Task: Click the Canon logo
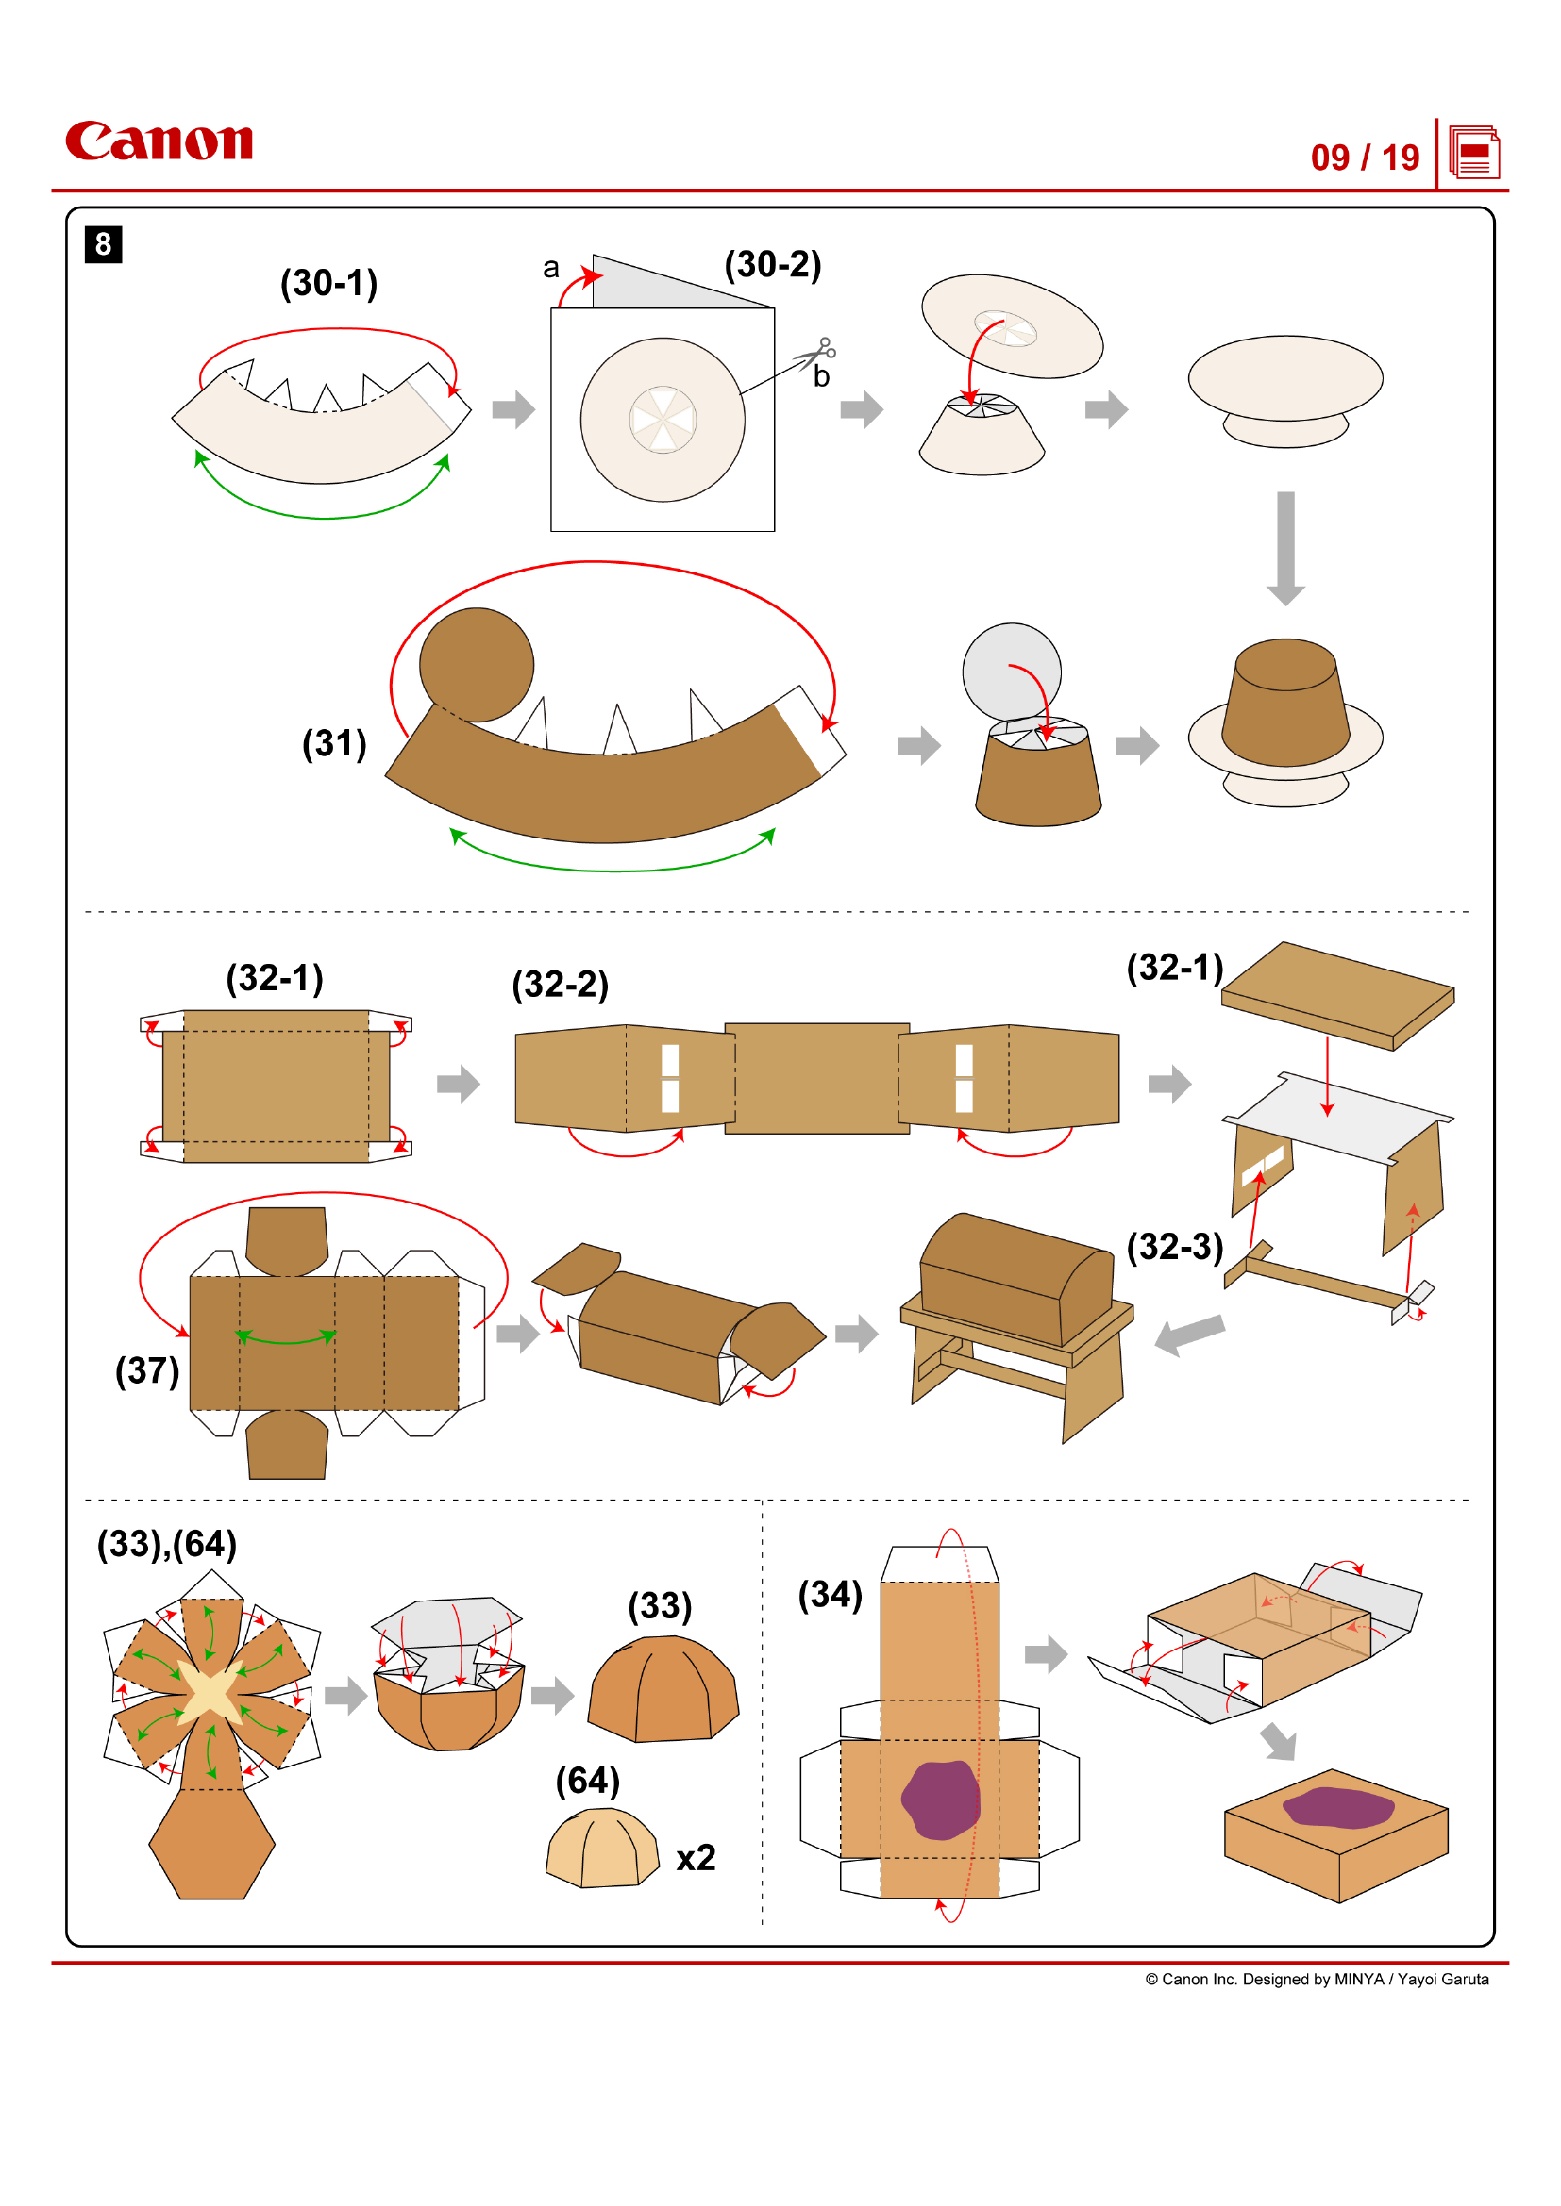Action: [159, 141]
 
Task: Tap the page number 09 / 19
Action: [1364, 158]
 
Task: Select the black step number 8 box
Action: [103, 244]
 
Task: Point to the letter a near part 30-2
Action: [551, 268]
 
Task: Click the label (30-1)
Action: [328, 284]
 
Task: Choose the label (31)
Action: [334, 743]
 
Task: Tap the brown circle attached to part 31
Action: [477, 664]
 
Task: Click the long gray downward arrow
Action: [1285, 548]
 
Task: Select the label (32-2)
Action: [561, 985]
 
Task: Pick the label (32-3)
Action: [1175, 1247]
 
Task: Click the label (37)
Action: [147, 1371]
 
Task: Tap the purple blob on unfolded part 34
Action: [940, 1800]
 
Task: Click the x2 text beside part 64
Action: [696, 1858]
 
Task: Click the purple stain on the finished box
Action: [1338, 1807]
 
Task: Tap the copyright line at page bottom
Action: [1316, 1980]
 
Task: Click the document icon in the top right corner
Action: [1473, 153]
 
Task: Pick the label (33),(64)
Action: [167, 1545]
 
